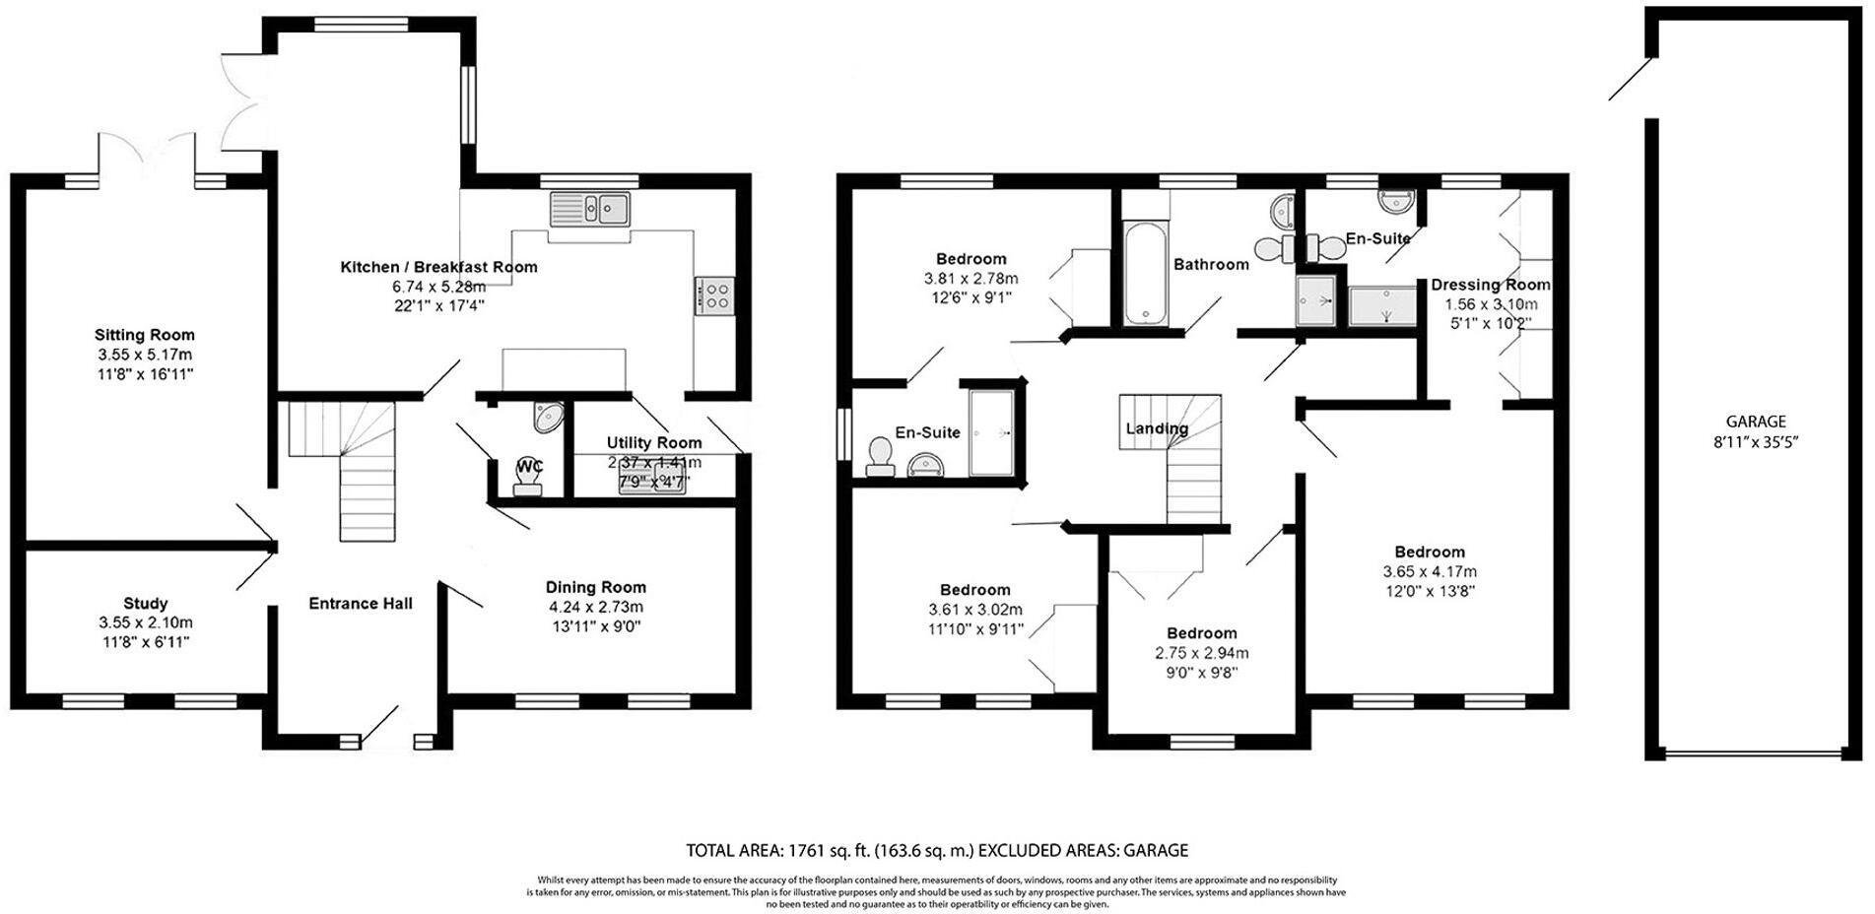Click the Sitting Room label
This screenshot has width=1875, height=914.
[x=145, y=335]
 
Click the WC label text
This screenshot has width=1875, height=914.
[x=529, y=466]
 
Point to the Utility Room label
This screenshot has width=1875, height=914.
[x=654, y=443]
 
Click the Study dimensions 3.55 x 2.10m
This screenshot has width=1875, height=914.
[x=146, y=622]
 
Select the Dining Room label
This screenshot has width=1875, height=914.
[x=596, y=587]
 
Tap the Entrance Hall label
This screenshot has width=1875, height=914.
[x=361, y=603]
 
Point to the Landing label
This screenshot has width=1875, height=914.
[x=1157, y=428]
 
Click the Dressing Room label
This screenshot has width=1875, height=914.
[x=1490, y=285]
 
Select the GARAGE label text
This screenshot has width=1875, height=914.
[x=1756, y=422]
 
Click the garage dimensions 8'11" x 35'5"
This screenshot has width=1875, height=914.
[x=1756, y=442]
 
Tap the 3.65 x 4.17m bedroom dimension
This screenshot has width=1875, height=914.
[x=1430, y=571]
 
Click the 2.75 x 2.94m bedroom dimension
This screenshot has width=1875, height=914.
[x=1202, y=653]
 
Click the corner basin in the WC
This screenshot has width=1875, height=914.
[x=548, y=418]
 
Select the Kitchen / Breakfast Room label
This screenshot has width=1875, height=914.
[x=438, y=267]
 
